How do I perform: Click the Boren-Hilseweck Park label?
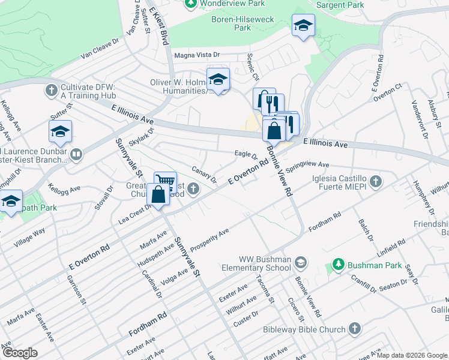click(x=243, y=23)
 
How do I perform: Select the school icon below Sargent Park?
click(x=304, y=26)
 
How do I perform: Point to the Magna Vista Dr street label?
click(x=197, y=55)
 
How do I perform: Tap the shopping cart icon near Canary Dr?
click(x=165, y=180)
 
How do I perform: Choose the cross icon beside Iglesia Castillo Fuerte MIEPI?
click(x=375, y=181)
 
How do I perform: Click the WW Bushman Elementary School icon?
click(x=300, y=262)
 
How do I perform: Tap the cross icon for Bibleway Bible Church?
click(x=355, y=329)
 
